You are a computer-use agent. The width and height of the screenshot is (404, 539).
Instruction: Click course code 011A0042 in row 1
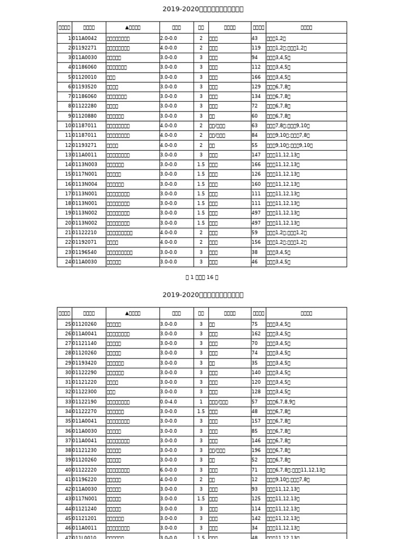pyautogui.click(x=85, y=38)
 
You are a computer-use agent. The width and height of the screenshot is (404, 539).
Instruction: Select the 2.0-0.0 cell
pyautogui.click(x=168, y=38)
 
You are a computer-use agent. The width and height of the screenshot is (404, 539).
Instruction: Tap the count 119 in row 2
pyautogui.click(x=256, y=48)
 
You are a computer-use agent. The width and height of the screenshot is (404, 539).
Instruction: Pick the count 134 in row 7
pyautogui.click(x=256, y=96)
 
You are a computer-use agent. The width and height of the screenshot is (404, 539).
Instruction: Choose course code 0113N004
pyautogui.click(x=85, y=184)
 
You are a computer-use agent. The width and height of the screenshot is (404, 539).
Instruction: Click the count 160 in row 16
pyautogui.click(x=256, y=184)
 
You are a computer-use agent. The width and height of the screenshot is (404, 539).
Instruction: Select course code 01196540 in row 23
pyautogui.click(x=85, y=252)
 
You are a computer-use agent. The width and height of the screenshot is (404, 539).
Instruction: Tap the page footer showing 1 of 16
pyautogui.click(x=202, y=277)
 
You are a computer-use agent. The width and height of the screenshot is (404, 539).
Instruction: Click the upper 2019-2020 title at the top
pyautogui.click(x=203, y=9)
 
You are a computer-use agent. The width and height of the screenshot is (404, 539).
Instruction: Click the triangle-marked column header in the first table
pyautogui.click(x=133, y=27)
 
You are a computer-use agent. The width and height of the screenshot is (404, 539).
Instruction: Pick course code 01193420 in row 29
pyautogui.click(x=85, y=363)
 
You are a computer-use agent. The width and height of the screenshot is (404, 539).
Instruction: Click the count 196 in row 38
pyautogui.click(x=256, y=450)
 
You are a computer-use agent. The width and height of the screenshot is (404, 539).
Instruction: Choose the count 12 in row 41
pyautogui.click(x=255, y=480)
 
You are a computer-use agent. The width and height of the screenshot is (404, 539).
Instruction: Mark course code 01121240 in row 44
pyautogui.click(x=85, y=508)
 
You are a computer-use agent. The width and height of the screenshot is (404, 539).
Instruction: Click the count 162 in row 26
pyautogui.click(x=256, y=334)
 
